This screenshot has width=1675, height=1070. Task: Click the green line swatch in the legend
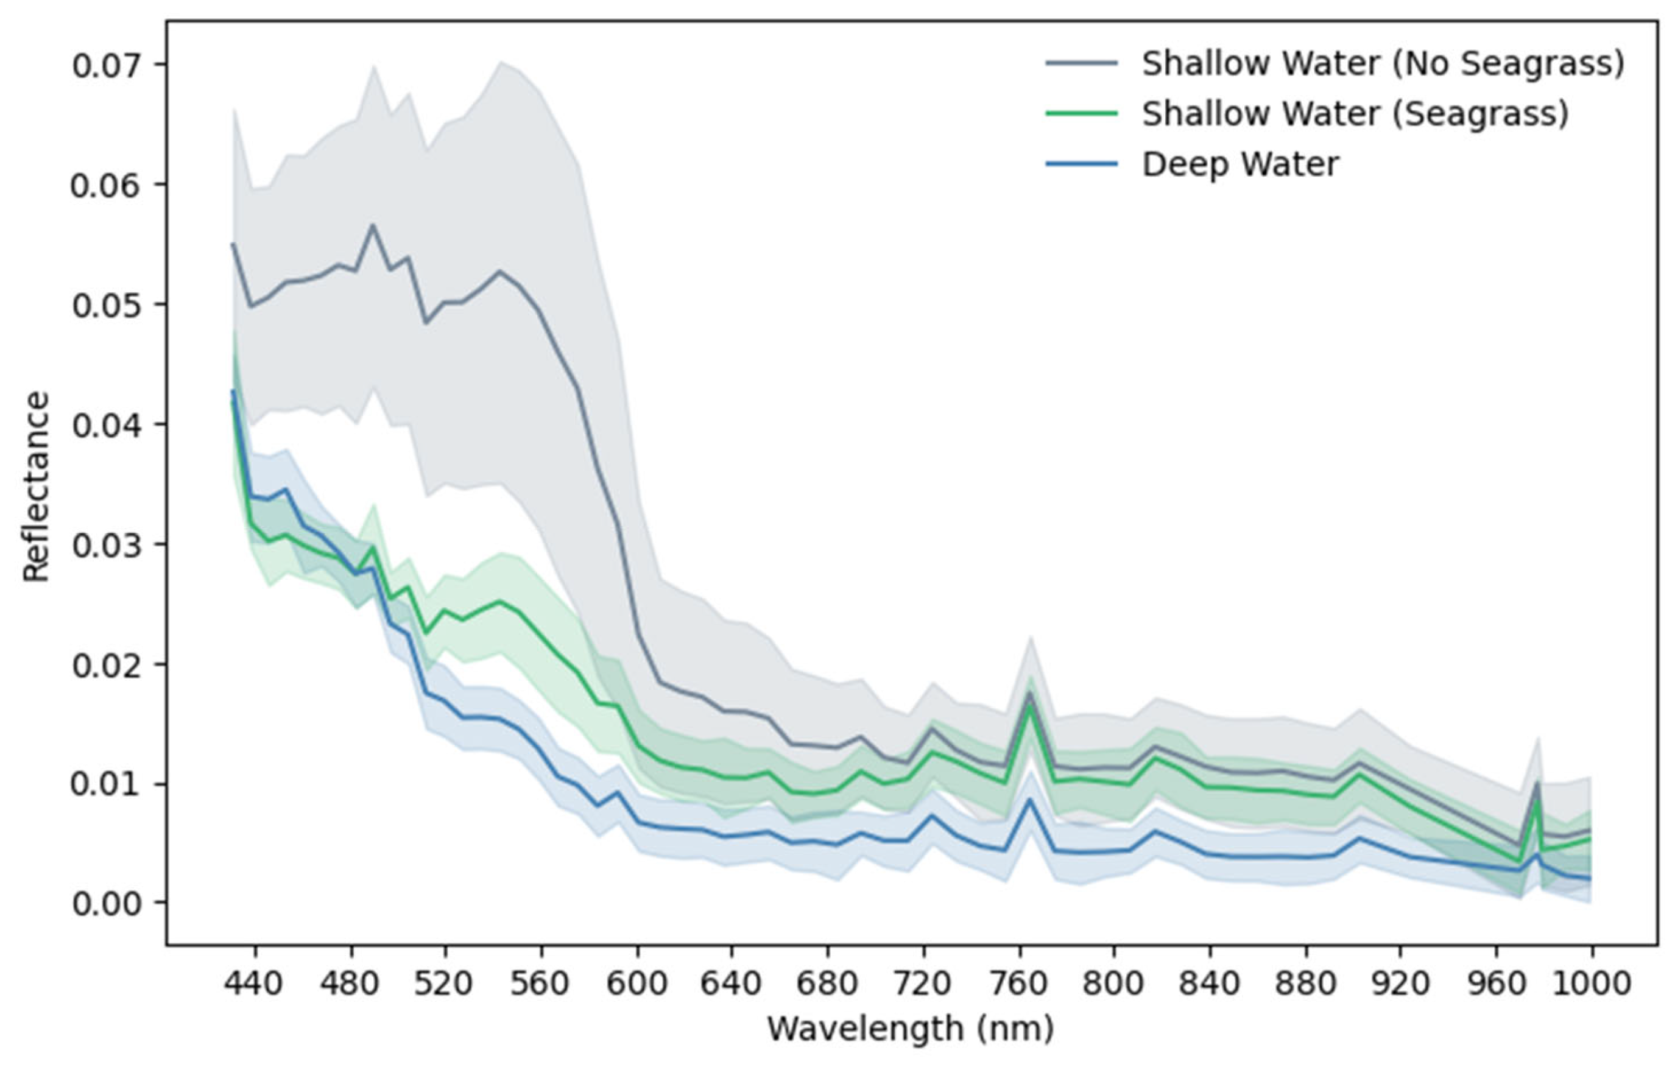(x=1082, y=113)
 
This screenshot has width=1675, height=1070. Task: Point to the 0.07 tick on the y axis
(x=109, y=65)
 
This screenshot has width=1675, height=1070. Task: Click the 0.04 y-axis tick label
(x=109, y=424)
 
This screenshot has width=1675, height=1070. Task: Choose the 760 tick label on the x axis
(x=1020, y=984)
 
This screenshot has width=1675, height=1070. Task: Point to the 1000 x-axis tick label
(x=1592, y=984)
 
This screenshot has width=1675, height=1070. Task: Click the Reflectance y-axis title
(x=36, y=487)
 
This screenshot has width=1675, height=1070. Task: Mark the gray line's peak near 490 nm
(x=373, y=225)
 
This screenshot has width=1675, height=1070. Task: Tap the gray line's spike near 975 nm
(x=1537, y=782)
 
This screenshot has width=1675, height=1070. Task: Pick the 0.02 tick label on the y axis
(x=109, y=664)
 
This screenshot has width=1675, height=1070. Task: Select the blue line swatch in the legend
(x=1082, y=164)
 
